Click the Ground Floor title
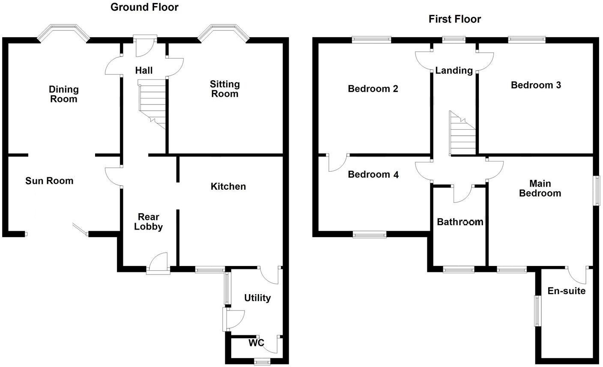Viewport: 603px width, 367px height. pos(145,7)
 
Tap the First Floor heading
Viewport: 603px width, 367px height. pos(455,19)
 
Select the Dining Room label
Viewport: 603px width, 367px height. pos(64,94)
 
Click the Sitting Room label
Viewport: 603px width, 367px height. pos(225,89)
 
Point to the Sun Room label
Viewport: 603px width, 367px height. pos(49,181)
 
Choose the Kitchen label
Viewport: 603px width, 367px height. pos(228,186)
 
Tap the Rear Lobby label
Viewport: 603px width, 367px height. pos(148,221)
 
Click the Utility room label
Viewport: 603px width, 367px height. pos(257,298)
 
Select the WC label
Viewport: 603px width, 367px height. pos(256,343)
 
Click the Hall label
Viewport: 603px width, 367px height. pos(144,71)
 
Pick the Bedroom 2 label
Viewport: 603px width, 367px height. pos(373,89)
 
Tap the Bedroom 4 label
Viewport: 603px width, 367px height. pos(373,174)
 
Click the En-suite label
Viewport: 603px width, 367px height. pos(567,291)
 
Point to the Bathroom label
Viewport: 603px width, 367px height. pos(460,222)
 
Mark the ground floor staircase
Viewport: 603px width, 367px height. pos(152,104)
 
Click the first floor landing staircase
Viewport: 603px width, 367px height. pos(463,133)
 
